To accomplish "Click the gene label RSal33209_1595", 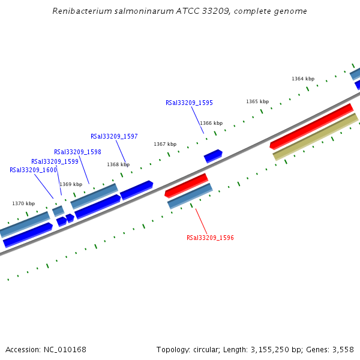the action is point(189,103).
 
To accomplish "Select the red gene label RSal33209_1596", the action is point(210,238).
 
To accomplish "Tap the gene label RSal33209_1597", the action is point(114,136).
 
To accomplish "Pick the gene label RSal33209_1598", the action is point(77,152).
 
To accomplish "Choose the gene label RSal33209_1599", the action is point(55,161).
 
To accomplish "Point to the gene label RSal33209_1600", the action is point(33,170).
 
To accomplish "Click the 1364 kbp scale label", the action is point(303,79).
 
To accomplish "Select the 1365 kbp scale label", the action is point(257,101).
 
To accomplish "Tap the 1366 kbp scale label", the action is point(211,123).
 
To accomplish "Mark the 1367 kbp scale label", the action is point(165,144).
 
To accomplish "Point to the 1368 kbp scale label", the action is point(118,164).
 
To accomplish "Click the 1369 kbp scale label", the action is point(71,184).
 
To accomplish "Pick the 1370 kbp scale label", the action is point(23,203).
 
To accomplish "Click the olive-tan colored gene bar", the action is point(316,137).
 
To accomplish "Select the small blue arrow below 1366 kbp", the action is point(213,156).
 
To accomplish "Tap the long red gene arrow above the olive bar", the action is point(311,126).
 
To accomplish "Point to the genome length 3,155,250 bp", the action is point(268,349).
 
